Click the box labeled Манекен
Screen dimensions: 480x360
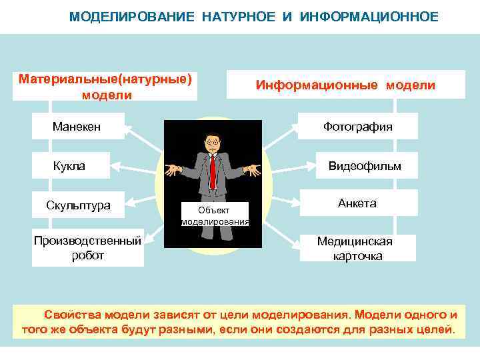tap(77, 126)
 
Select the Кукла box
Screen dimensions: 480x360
tap(69, 166)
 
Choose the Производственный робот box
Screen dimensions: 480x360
tap(87, 247)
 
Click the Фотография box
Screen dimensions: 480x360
tap(357, 126)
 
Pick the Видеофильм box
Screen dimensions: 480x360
tap(364, 166)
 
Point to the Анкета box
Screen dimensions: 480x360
tap(357, 203)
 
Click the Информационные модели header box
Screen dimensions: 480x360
tap(346, 85)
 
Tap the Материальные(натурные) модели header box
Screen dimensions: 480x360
tap(107, 87)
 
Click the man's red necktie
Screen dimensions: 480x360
tap(213, 171)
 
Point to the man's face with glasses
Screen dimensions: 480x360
tap(213, 143)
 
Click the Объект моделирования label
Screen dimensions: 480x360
tap(215, 215)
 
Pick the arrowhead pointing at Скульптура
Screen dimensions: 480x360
tap(129, 201)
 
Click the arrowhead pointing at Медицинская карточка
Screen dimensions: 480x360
tap(297, 245)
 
